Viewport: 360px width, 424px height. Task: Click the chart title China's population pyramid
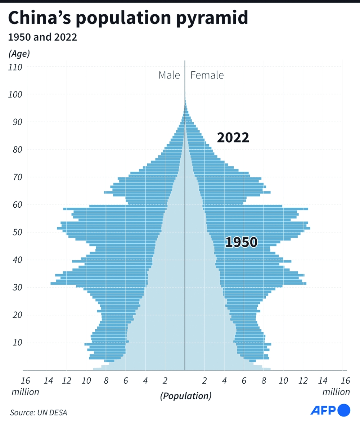click(128, 18)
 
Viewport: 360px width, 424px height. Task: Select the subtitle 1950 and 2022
click(42, 37)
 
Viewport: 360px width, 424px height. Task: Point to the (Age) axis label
click(19, 54)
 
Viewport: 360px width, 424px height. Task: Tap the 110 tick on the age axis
click(16, 67)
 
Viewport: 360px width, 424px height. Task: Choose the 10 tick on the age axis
click(17, 343)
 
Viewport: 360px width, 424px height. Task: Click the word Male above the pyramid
click(169, 75)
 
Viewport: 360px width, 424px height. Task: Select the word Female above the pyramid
click(207, 75)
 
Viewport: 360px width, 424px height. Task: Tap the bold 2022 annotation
click(233, 138)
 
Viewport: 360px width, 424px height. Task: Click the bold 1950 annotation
click(241, 242)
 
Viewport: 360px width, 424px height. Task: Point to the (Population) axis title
click(185, 396)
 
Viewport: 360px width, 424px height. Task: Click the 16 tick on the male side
click(25, 381)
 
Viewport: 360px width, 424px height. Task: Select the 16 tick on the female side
click(345, 381)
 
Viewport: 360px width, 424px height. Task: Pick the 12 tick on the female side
click(303, 381)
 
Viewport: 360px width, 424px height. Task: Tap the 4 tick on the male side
click(145, 381)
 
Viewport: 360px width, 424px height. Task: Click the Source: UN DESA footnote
click(39, 412)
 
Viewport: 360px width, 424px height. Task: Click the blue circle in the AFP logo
click(345, 410)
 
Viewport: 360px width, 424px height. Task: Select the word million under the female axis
click(336, 392)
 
